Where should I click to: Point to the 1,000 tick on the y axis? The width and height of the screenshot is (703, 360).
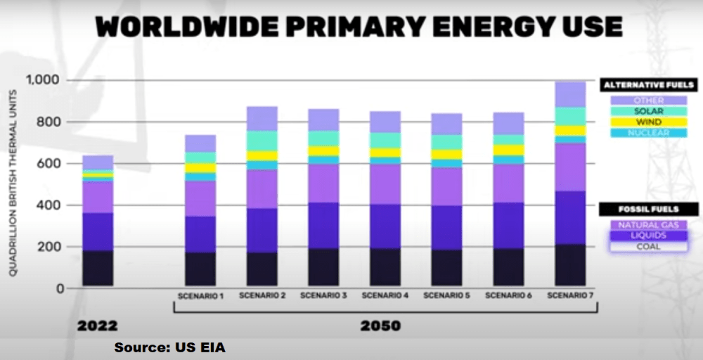(44, 80)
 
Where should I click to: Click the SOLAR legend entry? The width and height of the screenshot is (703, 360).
(648, 112)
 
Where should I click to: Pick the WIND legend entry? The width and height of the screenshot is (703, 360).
(648, 122)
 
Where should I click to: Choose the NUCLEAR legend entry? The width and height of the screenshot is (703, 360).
(648, 133)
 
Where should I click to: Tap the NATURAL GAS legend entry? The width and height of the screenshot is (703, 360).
(648, 225)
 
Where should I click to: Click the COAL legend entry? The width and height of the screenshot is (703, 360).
(648, 247)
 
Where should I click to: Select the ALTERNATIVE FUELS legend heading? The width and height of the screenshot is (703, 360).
(648, 85)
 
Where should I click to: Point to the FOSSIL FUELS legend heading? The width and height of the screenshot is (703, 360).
(648, 210)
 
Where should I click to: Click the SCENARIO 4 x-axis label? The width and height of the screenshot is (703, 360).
(385, 296)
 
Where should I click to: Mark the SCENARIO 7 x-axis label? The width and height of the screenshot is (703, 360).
(570, 296)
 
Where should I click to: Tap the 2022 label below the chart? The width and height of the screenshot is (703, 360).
(97, 326)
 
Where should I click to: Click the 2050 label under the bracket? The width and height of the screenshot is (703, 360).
(380, 326)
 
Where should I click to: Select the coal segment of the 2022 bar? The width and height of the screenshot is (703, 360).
(98, 268)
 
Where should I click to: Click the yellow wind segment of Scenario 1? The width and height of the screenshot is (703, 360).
(200, 168)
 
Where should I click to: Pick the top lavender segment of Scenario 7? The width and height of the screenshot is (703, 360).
(570, 94)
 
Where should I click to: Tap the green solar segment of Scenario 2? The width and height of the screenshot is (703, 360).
(262, 141)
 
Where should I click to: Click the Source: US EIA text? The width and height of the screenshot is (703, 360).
(170, 347)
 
